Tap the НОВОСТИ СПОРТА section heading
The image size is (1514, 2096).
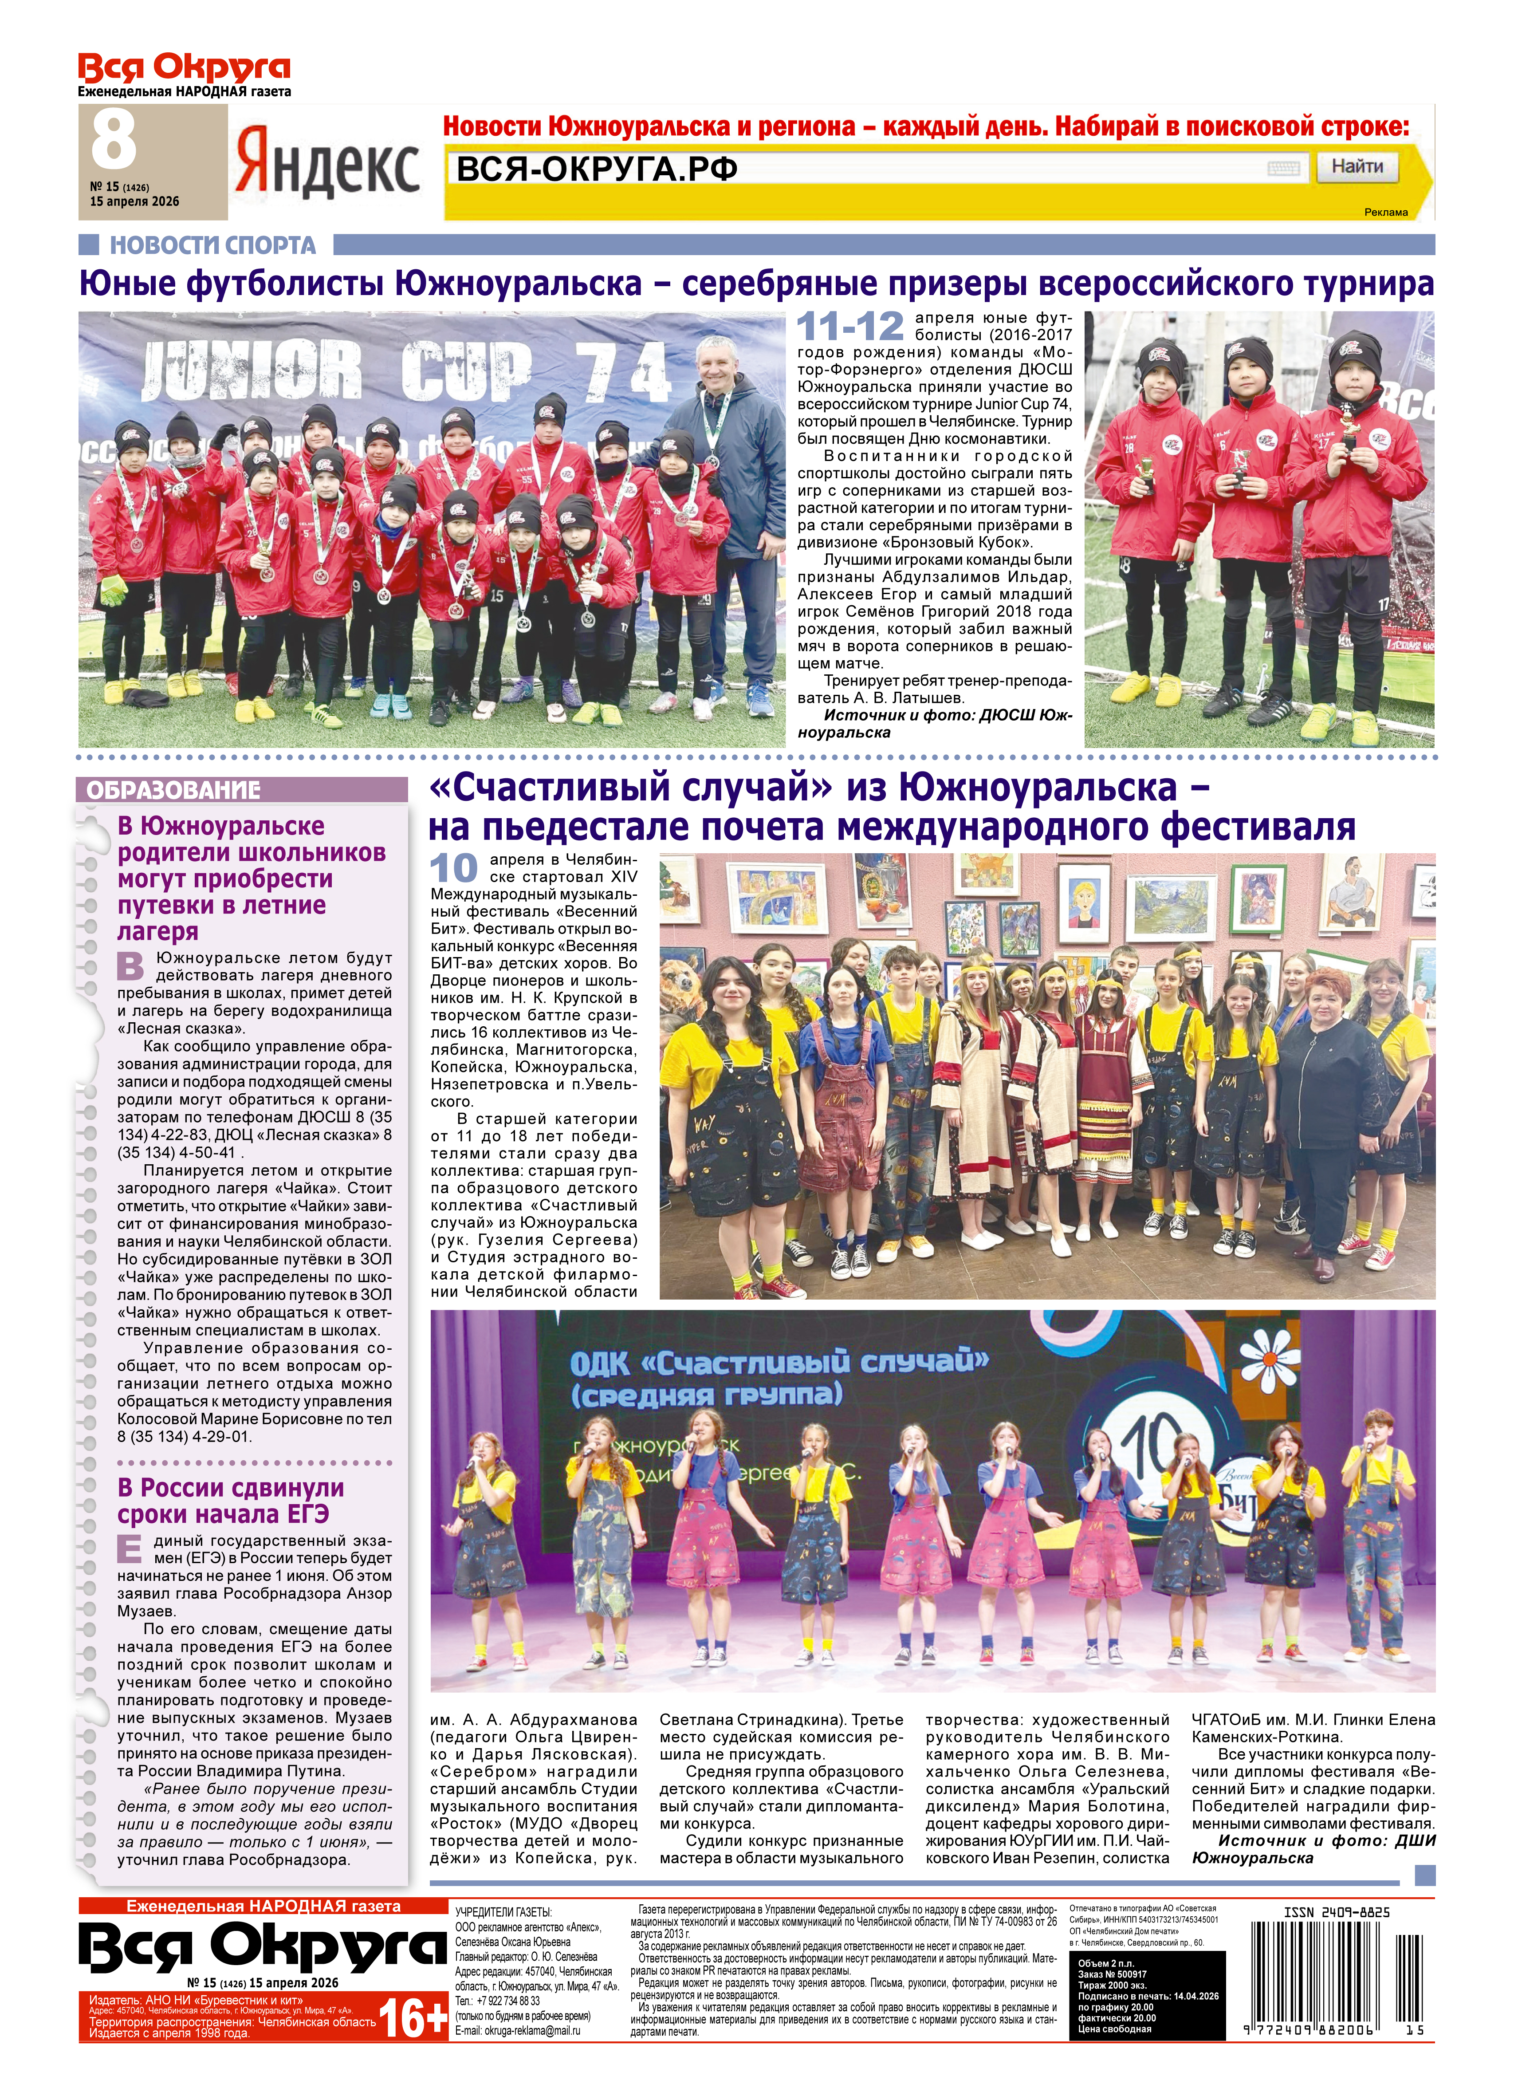tap(212, 245)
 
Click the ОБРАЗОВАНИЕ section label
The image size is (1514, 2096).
tap(173, 790)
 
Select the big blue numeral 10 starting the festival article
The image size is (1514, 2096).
tap(453, 869)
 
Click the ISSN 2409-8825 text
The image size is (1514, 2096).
tap(1336, 1912)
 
